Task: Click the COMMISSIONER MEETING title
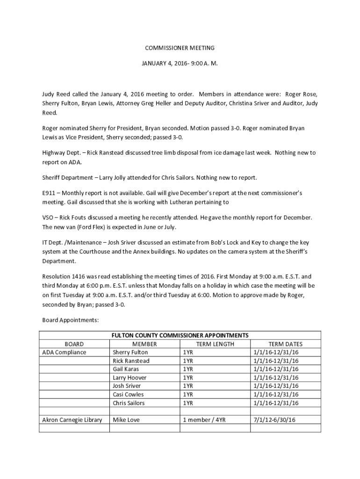[x=180, y=48]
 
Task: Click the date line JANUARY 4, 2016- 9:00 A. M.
[x=180, y=62]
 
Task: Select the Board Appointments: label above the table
[x=71, y=320]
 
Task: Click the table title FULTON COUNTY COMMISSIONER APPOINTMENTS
[x=180, y=335]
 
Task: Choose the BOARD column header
[x=74, y=344]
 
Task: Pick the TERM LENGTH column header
[x=215, y=344]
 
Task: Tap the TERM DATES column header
[x=285, y=344]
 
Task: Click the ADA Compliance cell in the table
[x=64, y=352]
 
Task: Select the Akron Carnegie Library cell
[x=72, y=420]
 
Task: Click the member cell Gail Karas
[x=126, y=369]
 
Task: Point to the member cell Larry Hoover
[x=130, y=377]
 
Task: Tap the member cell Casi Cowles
[x=128, y=394]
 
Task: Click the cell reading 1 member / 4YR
[x=204, y=420]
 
